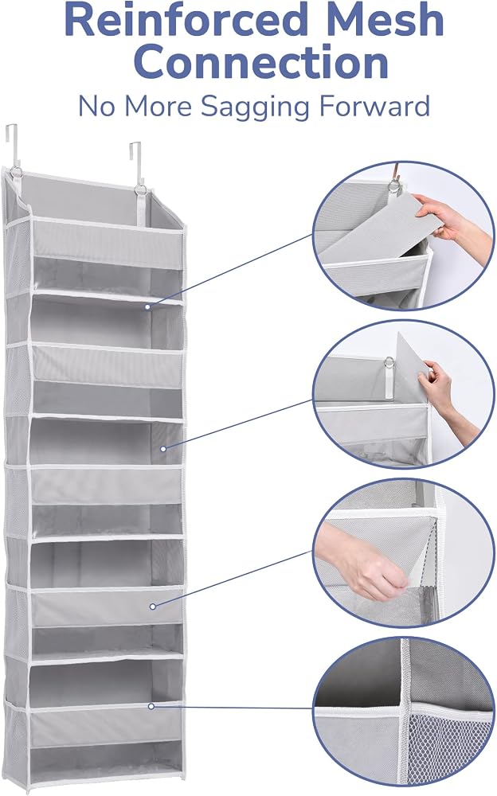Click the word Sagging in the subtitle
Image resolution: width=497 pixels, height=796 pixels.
click(255, 107)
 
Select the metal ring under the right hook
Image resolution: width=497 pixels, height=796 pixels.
click(140, 190)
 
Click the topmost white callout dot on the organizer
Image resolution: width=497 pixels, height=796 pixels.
click(147, 306)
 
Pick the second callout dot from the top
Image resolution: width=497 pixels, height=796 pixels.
click(163, 449)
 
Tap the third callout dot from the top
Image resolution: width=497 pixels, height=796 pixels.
click(152, 606)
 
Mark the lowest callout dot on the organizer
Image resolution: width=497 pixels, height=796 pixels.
click(151, 706)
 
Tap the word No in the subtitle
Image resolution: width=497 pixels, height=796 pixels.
click(96, 107)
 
